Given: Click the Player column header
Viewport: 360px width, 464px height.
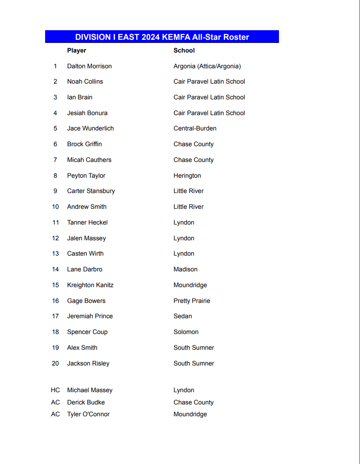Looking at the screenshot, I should (x=77, y=50).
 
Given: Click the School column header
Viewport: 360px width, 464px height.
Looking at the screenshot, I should (x=184, y=50).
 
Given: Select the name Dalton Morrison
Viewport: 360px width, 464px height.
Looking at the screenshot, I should (x=89, y=66).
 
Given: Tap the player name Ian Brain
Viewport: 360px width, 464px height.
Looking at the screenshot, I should (x=80, y=97).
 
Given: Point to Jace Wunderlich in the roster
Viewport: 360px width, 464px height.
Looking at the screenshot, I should (x=90, y=128).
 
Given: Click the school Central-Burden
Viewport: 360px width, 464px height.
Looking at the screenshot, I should (x=195, y=128).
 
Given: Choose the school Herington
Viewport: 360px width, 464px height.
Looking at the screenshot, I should (x=187, y=176).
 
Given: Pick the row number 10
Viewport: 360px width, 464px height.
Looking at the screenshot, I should (x=55, y=207).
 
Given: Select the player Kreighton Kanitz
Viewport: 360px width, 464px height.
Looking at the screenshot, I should (x=90, y=285).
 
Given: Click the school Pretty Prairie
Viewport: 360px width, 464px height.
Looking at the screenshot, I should (x=192, y=301).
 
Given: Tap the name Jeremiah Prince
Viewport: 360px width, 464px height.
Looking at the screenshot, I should (x=90, y=316).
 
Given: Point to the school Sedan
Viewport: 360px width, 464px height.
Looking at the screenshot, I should (x=183, y=316).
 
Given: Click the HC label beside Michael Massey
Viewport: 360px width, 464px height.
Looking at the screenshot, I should (x=55, y=390).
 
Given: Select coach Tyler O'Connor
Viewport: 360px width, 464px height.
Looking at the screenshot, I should (x=88, y=414).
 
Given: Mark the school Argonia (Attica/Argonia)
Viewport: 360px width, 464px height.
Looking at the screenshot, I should (x=207, y=66).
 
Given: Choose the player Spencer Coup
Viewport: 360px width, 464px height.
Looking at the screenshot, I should (x=87, y=332).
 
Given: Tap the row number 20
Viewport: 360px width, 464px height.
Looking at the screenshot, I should (x=55, y=363).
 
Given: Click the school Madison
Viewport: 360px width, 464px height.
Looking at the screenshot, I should (x=185, y=269).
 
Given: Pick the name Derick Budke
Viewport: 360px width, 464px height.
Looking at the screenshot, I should (x=86, y=402).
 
